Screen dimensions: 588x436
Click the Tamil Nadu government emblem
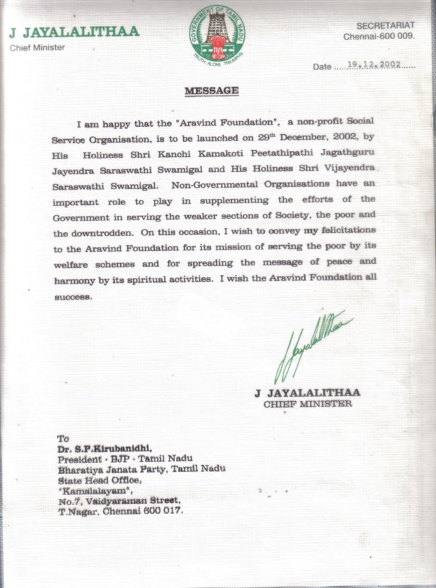[217, 37]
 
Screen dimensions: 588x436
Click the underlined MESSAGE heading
[212, 91]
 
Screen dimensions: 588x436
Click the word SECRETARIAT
[385, 25]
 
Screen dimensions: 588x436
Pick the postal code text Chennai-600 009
[379, 36]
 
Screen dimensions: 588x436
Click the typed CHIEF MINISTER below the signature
[307, 404]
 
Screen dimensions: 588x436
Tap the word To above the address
[63, 438]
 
